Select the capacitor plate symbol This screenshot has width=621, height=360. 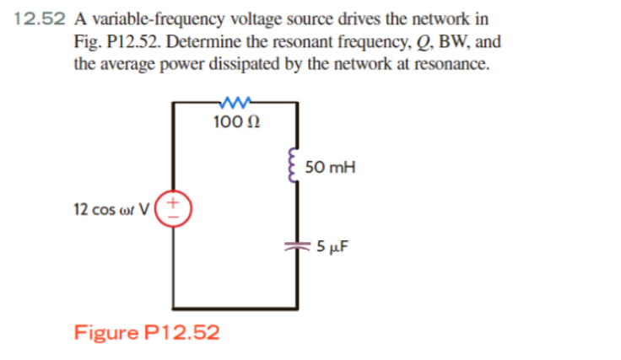pyautogui.click(x=295, y=246)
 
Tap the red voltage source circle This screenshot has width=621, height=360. pyautogui.click(x=175, y=207)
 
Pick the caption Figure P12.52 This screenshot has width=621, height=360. pyautogui.click(x=147, y=331)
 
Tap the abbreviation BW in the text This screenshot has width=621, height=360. pyautogui.click(x=449, y=41)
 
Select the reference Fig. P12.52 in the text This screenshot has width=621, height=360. pyautogui.click(x=113, y=41)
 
